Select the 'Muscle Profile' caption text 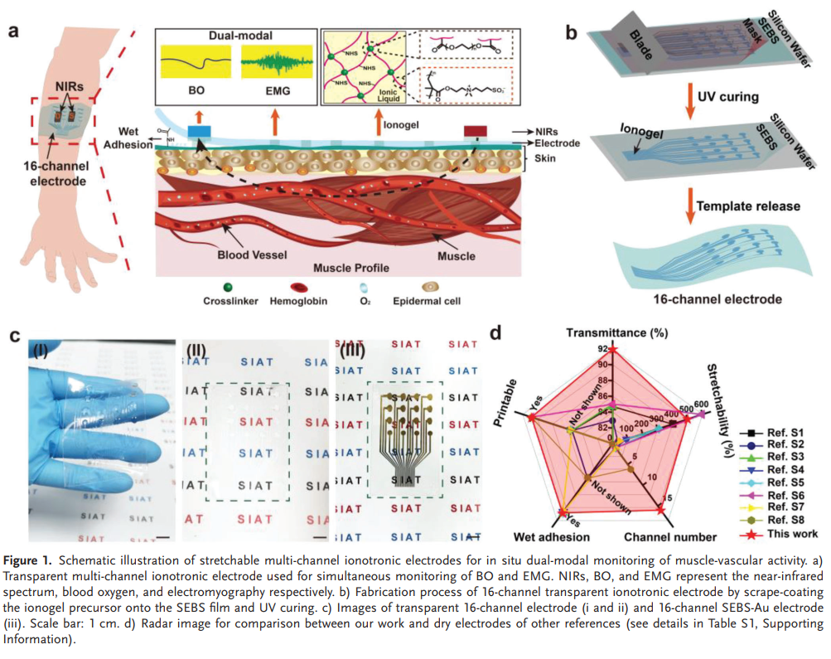pyautogui.click(x=350, y=269)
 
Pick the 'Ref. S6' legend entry pyautogui.click(x=783, y=494)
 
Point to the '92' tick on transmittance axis pyautogui.click(x=602, y=349)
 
